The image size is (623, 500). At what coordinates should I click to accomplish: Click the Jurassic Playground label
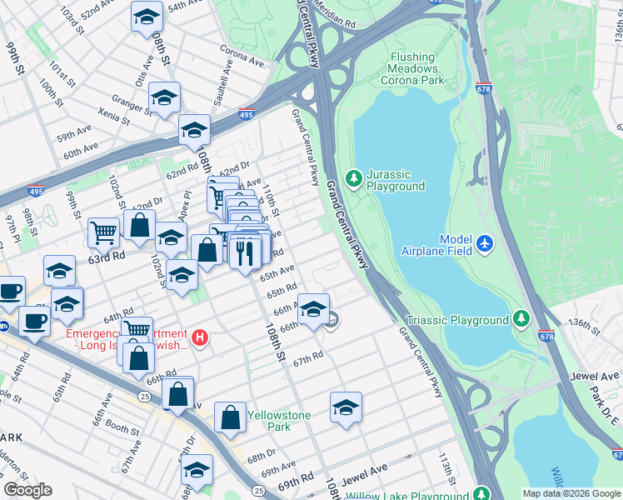[x=396, y=180]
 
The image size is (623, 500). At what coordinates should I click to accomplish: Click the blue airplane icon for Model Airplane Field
[x=486, y=244]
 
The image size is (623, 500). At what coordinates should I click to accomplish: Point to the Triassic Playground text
[x=457, y=320]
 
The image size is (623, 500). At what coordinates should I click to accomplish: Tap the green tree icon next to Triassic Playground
[x=521, y=318]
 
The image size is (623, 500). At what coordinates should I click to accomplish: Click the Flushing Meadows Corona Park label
[x=413, y=69]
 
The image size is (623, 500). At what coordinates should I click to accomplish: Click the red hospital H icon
[x=200, y=337]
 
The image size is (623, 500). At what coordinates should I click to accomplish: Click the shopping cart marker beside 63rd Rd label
[x=103, y=232]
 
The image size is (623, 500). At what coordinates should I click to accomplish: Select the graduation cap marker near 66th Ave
[x=313, y=309]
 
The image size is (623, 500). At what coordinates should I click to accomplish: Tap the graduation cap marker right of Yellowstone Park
[x=346, y=407]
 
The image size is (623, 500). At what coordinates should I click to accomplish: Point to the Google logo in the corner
[x=28, y=490]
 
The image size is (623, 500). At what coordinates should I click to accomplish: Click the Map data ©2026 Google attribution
[x=571, y=493]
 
